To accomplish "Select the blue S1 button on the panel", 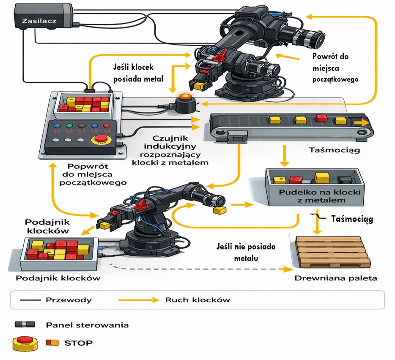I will [55, 126].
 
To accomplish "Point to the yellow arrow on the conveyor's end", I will [362, 122].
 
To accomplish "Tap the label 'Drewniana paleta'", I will [335, 278].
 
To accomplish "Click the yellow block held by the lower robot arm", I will [219, 209].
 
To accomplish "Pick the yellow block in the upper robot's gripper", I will [199, 86].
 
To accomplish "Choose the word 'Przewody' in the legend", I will [68, 300].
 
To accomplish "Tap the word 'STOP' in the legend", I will [78, 342].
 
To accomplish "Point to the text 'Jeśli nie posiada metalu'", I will [246, 252].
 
